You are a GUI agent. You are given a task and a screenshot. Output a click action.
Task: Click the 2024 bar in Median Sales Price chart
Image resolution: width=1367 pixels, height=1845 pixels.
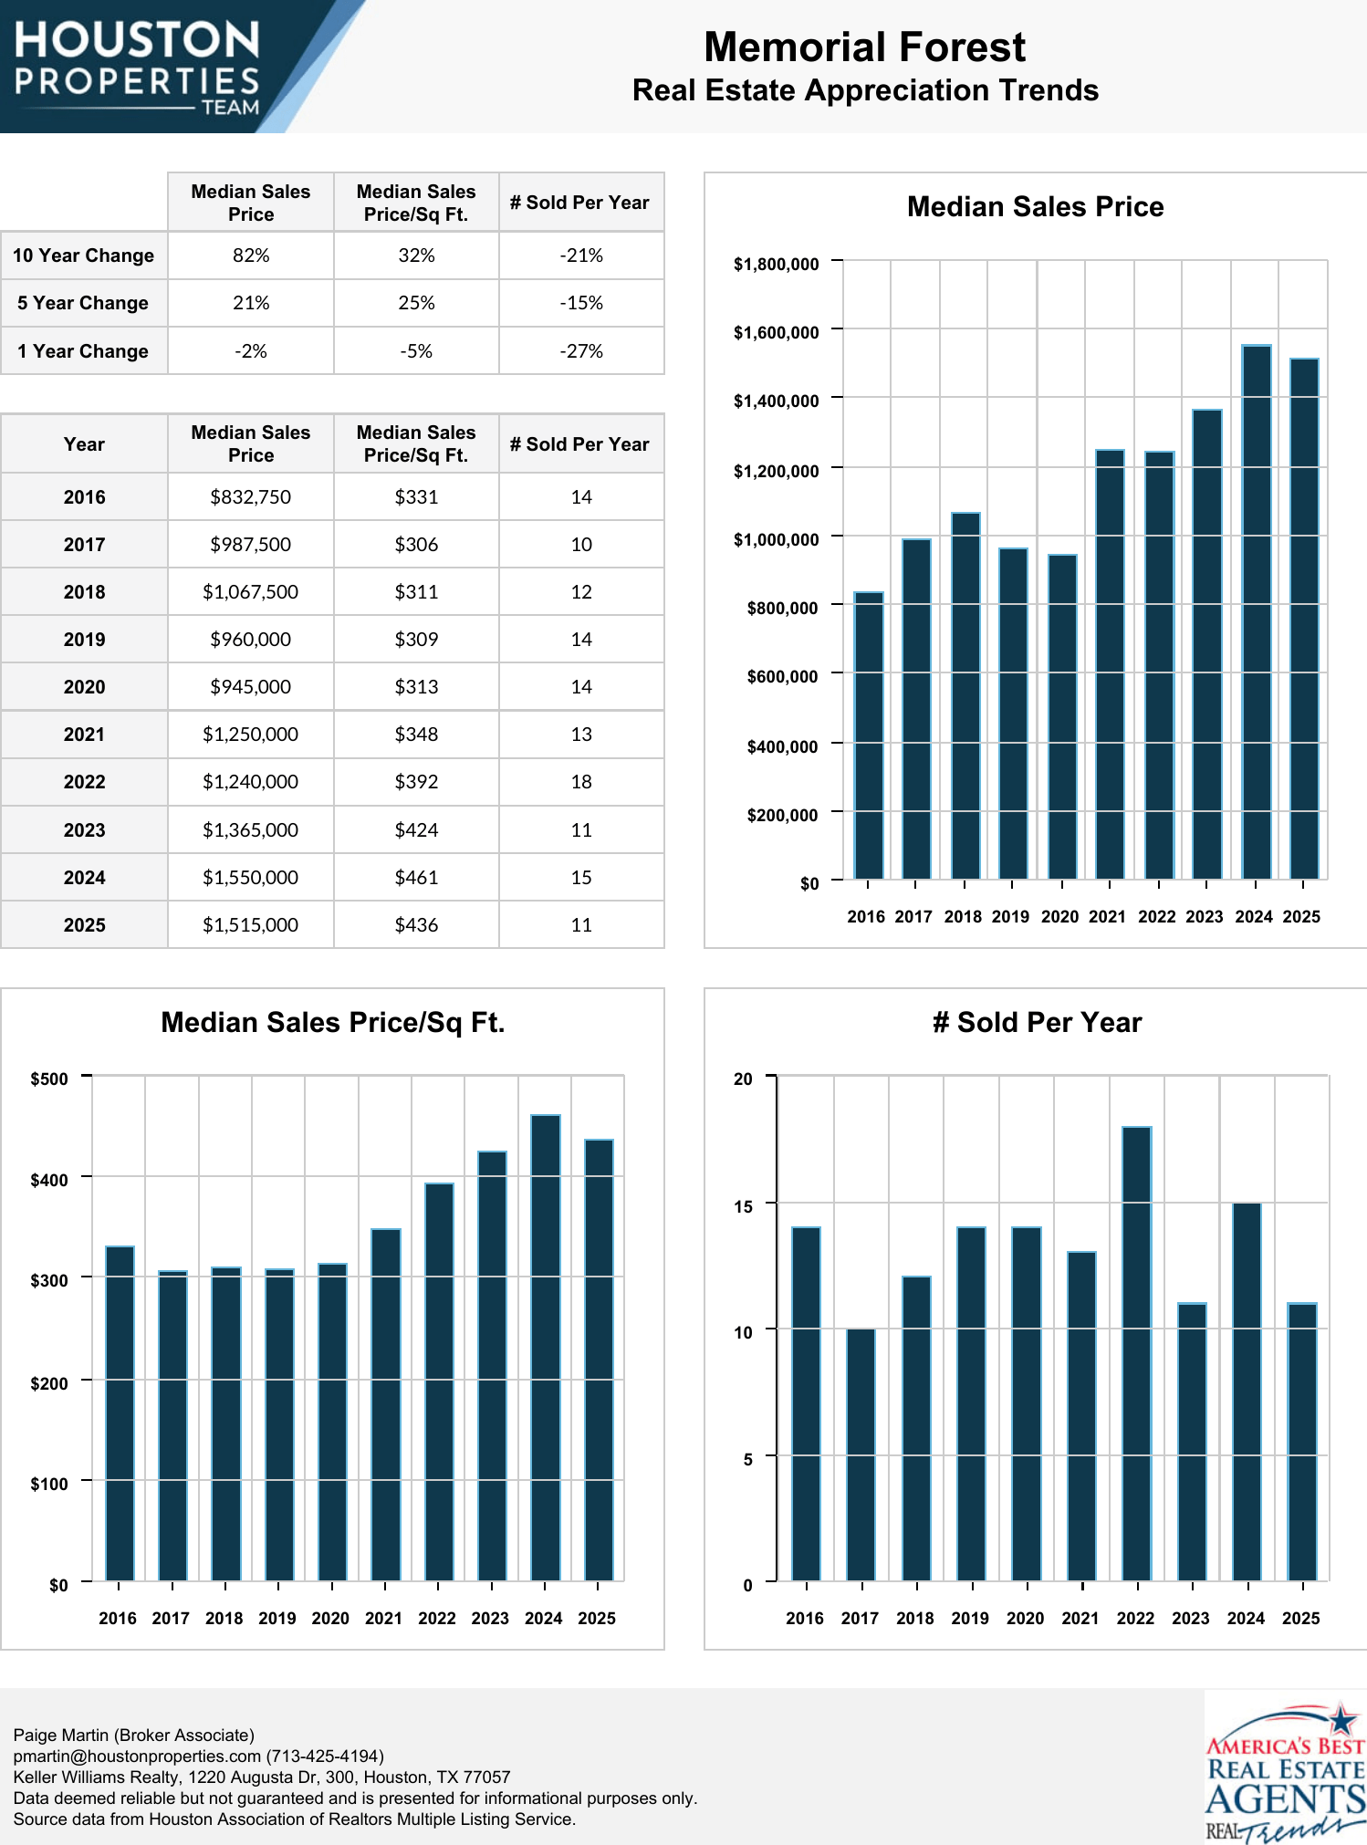click(1256, 611)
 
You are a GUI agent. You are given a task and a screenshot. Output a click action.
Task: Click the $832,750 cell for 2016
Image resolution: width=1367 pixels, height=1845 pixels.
click(250, 497)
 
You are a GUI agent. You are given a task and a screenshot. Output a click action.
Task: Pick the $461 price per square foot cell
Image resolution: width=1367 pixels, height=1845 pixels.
click(416, 878)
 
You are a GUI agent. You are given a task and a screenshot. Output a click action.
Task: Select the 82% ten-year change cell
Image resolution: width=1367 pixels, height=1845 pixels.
click(250, 255)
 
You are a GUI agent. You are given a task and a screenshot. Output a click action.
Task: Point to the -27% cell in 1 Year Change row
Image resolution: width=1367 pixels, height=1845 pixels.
click(581, 351)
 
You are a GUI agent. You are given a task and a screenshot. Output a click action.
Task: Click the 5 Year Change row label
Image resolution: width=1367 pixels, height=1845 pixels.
click(83, 303)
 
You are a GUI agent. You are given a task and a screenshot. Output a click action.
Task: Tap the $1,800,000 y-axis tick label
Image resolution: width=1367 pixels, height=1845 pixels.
click(776, 265)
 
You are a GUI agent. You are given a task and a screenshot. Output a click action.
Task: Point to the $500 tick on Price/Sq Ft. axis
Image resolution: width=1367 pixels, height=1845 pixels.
click(49, 1079)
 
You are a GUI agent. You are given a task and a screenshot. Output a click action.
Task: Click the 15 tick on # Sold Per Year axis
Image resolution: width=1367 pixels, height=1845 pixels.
click(744, 1206)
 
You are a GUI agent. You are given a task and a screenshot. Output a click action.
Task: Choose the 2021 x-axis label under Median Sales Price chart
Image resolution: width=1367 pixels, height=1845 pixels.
click(1107, 917)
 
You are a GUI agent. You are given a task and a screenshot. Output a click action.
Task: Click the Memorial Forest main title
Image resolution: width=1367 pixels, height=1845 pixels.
click(864, 47)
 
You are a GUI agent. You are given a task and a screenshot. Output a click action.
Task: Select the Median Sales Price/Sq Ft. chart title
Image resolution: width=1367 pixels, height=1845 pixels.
click(333, 1023)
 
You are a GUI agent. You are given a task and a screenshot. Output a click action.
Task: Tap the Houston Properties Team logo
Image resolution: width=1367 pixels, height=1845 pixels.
click(137, 67)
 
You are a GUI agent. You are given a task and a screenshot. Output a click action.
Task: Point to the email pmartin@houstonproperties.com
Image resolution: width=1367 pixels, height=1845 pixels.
click(137, 1756)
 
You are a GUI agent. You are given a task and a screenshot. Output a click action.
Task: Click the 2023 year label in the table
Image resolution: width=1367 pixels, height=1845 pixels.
click(84, 830)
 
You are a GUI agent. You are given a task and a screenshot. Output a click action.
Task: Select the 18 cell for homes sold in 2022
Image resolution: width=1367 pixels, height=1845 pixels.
click(581, 782)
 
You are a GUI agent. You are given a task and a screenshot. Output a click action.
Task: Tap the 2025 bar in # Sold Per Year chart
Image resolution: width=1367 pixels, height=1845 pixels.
click(1301, 1441)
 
